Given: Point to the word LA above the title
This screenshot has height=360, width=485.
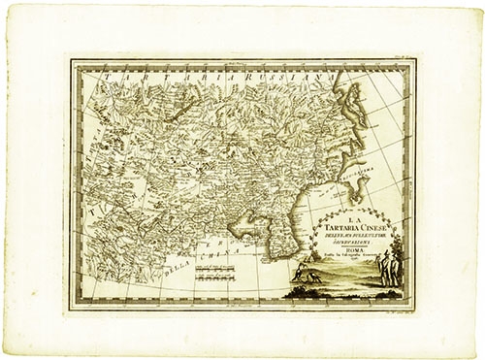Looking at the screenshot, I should [x=352, y=221].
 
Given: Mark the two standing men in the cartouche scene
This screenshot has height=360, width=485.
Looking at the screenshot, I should [x=391, y=267].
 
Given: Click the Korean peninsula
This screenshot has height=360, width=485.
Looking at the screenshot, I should [x=284, y=233].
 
